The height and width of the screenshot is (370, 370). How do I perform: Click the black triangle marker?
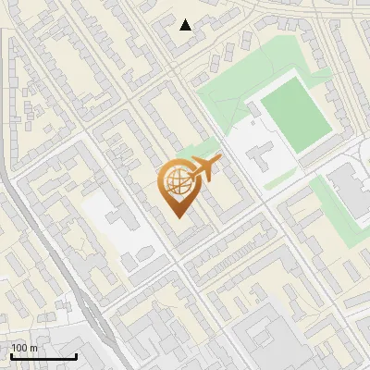pyautogui.click(x=186, y=25)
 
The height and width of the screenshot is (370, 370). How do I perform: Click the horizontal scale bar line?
pyautogui.click(x=43, y=357)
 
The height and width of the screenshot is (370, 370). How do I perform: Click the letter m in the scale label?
pyautogui.click(x=34, y=348)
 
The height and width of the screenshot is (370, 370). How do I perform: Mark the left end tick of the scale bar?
pyautogui.click(x=11, y=355)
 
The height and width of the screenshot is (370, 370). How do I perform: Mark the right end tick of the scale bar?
pyautogui.click(x=76, y=355)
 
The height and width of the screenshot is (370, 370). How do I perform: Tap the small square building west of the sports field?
pyautogui.click(x=252, y=109)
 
